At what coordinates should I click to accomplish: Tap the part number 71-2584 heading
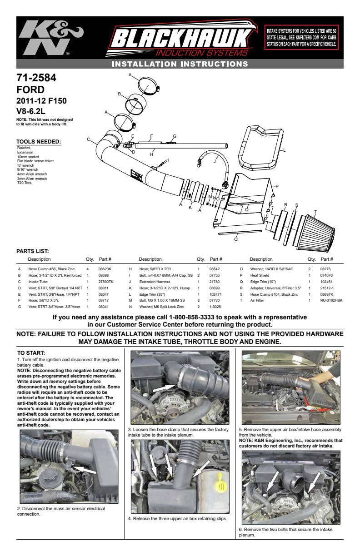pyautogui.click(x=36, y=78)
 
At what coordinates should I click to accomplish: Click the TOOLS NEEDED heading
pyautogui.click(x=39, y=142)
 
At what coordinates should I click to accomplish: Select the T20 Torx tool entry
pyautogui.click(x=25, y=183)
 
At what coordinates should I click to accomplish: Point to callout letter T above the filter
pyautogui.click(x=315, y=212)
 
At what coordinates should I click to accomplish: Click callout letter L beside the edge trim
pyautogui.click(x=285, y=150)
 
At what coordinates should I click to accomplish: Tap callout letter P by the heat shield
pyautogui.click(x=277, y=186)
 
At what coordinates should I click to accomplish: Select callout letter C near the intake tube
pyautogui.click(x=89, y=139)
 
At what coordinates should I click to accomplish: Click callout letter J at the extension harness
pyautogui.click(x=215, y=161)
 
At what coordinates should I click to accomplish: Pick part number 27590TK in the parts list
pyautogui.click(x=106, y=282)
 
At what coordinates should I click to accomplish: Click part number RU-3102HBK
pyautogui.click(x=331, y=300)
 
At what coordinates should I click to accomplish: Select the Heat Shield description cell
pyautogui.click(x=260, y=275)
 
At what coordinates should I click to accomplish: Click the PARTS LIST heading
pyautogui.click(x=33, y=251)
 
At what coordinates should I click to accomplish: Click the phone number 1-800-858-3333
pyautogui.click(x=191, y=317)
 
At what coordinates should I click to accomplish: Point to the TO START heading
pyautogui.click(x=31, y=352)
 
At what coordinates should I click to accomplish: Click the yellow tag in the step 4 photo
pyautogui.click(x=221, y=485)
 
